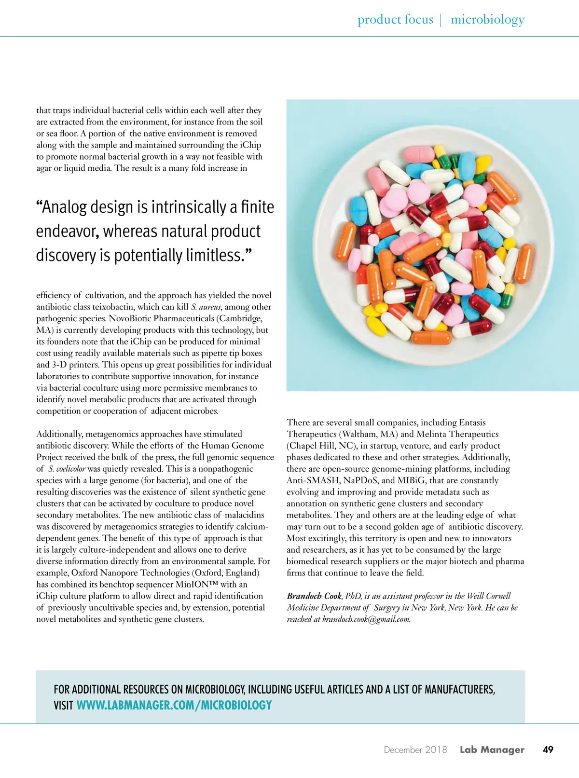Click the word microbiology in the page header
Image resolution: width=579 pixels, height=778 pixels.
pos(487,20)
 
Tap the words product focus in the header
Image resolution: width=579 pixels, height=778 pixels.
pos(395,20)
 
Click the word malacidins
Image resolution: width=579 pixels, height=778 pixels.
pos(245,515)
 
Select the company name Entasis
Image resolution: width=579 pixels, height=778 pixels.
pos(472,423)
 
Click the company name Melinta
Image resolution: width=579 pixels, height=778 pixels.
pos(431,434)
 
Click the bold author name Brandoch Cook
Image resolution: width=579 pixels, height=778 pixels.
pos(314,596)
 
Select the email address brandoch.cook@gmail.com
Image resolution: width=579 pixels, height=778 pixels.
pos(366,619)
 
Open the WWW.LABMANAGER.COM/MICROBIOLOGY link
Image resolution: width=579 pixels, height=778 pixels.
pos(174,705)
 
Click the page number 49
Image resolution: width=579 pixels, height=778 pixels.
pos(548,750)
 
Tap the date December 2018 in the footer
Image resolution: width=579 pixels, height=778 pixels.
pos(415,750)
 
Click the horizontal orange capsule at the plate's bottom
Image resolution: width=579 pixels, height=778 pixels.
pos(431,338)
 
